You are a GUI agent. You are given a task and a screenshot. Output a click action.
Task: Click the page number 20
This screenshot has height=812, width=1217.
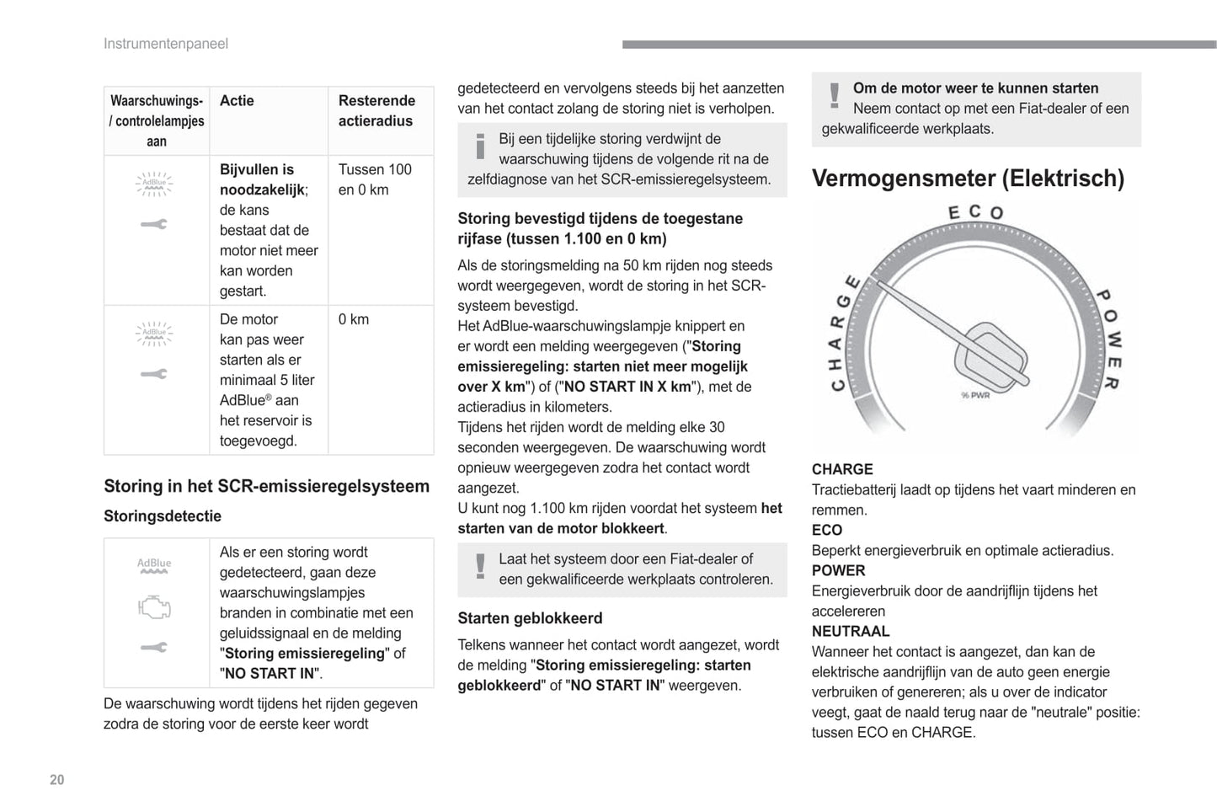click(56, 779)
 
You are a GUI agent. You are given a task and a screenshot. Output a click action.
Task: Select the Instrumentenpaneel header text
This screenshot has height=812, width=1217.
click(165, 44)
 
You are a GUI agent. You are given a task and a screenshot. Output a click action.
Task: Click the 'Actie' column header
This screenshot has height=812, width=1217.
click(237, 100)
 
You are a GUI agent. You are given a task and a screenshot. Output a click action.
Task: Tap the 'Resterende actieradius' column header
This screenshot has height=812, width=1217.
click(376, 110)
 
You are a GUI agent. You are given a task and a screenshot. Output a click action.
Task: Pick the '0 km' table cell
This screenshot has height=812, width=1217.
click(354, 319)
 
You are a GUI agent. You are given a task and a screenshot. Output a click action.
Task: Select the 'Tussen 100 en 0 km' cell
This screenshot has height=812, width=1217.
click(375, 179)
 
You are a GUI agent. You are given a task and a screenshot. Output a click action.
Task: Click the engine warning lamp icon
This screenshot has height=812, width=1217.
click(154, 606)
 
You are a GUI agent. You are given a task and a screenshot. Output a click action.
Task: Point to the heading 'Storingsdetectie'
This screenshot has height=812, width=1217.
click(163, 516)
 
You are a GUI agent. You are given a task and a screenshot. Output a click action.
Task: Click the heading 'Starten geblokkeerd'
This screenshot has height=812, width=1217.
click(530, 618)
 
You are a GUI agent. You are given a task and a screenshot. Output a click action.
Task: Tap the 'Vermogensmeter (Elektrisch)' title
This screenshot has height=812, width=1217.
click(968, 179)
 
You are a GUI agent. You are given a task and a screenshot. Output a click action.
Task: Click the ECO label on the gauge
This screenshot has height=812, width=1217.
click(975, 212)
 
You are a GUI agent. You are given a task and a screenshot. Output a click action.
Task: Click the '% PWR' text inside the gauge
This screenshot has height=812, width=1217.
click(975, 395)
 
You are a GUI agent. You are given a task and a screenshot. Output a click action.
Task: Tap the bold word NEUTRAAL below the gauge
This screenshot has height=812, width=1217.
click(851, 631)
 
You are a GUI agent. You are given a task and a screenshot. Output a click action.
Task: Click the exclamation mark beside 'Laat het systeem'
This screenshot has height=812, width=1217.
click(480, 565)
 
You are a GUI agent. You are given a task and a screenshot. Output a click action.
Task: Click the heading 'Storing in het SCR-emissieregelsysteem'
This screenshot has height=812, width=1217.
click(266, 486)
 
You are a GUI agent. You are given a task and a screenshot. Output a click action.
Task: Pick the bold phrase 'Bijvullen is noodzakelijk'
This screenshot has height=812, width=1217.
click(261, 179)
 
